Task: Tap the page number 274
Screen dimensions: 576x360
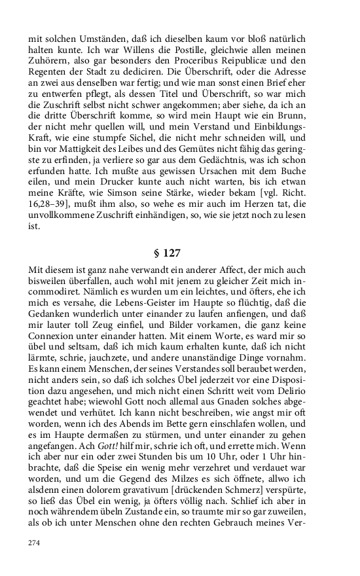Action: point(35,543)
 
